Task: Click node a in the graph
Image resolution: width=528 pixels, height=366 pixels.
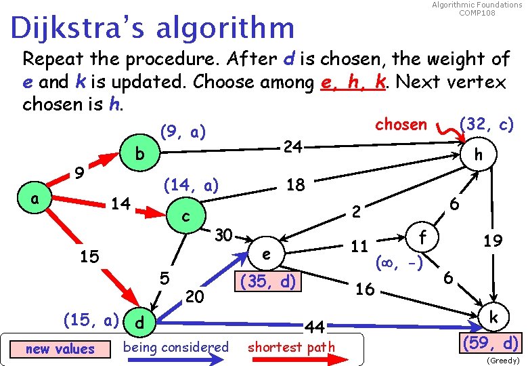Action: (x=34, y=200)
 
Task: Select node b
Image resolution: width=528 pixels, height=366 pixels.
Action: (x=139, y=155)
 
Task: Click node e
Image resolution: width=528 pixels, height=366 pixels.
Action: (x=267, y=254)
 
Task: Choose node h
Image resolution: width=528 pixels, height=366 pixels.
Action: (x=479, y=155)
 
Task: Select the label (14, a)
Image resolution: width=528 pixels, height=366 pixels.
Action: (x=192, y=184)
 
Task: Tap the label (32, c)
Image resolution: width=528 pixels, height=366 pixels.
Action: (x=486, y=124)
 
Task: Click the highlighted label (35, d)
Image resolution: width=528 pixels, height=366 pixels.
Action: (x=267, y=281)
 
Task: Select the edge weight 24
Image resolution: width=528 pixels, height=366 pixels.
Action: (x=292, y=146)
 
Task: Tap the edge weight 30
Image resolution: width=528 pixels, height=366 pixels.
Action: (x=223, y=235)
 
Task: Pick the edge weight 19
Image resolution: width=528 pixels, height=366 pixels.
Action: (x=491, y=239)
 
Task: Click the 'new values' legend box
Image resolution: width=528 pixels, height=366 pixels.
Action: (x=60, y=348)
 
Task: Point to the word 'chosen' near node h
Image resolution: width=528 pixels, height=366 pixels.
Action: (x=401, y=124)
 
